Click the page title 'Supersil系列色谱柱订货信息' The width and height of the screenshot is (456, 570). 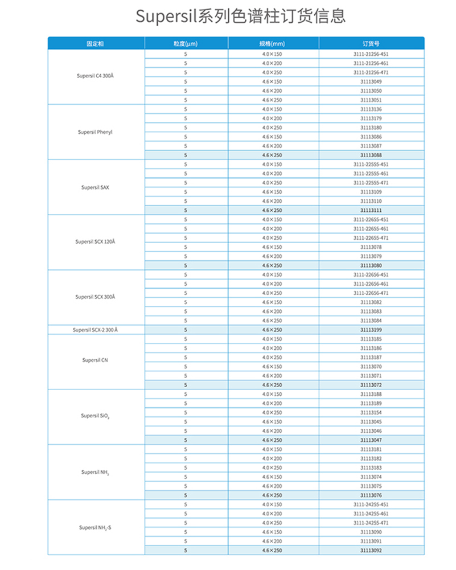point(240,16)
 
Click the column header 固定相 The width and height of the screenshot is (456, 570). point(95,43)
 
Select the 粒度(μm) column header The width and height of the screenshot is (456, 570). point(186,43)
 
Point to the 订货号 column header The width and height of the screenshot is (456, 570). point(371,43)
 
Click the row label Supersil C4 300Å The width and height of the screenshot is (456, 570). point(95,77)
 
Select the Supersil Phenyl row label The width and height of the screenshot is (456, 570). point(95,132)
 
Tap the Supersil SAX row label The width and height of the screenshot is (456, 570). point(95,187)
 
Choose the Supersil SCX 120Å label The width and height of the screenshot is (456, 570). point(95,242)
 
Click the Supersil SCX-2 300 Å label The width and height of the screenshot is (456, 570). point(95,330)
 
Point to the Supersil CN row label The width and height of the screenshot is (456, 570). point(95,360)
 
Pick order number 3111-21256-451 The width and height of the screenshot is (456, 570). point(371,54)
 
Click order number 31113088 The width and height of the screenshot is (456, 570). point(371,155)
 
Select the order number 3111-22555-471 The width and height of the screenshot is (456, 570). point(371,183)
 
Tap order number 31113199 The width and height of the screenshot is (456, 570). point(371,330)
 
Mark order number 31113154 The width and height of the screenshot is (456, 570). point(371,412)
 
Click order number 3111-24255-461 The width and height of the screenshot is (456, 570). point(371,514)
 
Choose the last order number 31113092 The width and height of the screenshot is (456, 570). point(371,551)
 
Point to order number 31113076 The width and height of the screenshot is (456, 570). point(371,495)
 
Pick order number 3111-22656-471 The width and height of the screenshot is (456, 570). point(371,293)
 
